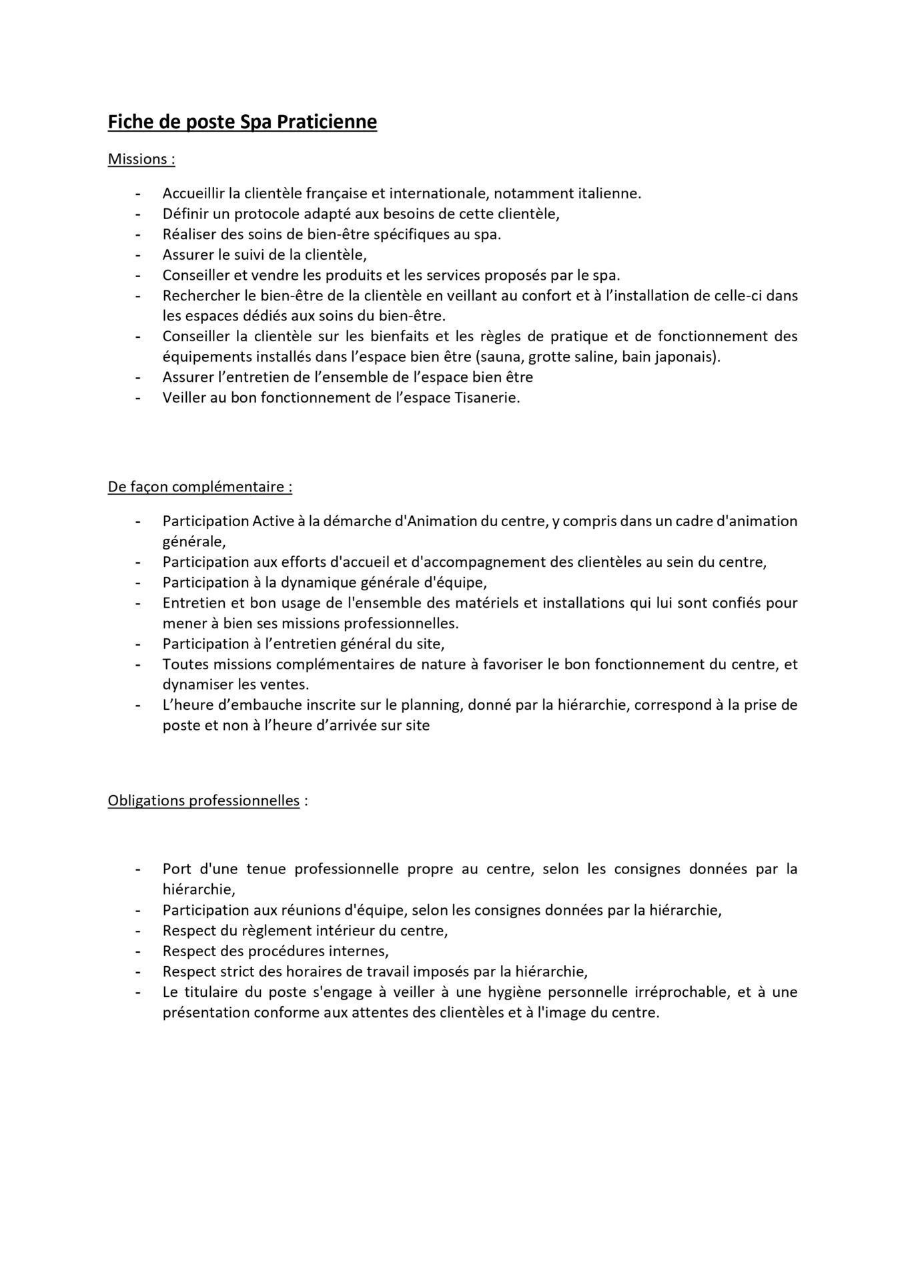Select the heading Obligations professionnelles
[x=203, y=800]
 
